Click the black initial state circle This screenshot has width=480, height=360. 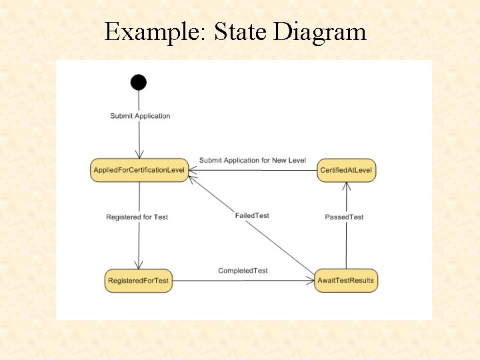coord(138,82)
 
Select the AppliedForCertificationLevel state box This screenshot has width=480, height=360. coord(139,171)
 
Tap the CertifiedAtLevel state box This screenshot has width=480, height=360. coord(346,171)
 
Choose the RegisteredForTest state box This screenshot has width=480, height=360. coord(139,281)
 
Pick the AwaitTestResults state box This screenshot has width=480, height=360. coord(346,281)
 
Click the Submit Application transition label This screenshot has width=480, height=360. coord(140,116)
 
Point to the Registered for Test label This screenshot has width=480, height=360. coord(137,217)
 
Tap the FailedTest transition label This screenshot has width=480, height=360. coord(252,215)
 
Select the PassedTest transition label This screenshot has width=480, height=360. coord(344,217)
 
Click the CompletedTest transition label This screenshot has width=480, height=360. coord(243,271)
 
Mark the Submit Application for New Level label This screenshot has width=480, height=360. coord(252,161)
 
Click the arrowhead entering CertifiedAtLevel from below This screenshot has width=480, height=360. coord(346,186)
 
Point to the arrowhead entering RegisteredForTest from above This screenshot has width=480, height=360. coord(139,265)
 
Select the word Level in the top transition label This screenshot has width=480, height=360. coord(297,161)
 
